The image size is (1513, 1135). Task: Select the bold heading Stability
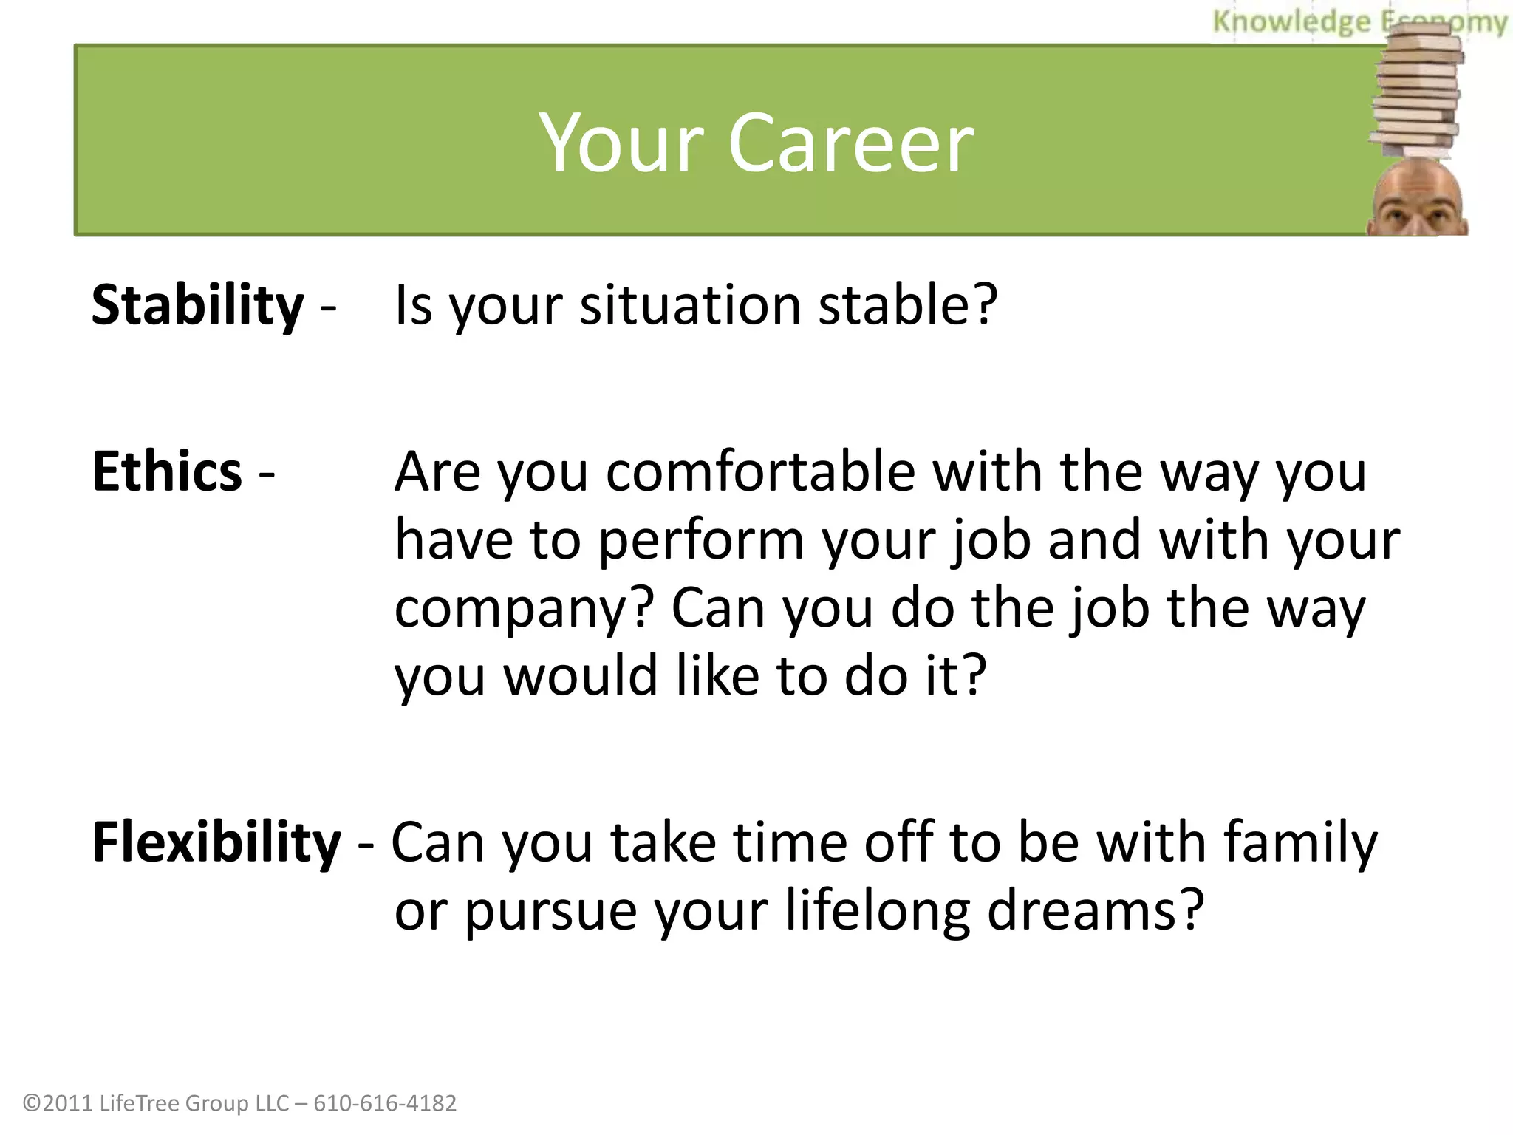197,305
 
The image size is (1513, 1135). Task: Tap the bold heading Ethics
167,471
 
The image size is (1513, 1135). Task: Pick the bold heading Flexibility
216,842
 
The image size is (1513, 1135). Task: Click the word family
1299,842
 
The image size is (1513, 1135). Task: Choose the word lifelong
877,912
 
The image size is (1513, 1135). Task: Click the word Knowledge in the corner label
1291,22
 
